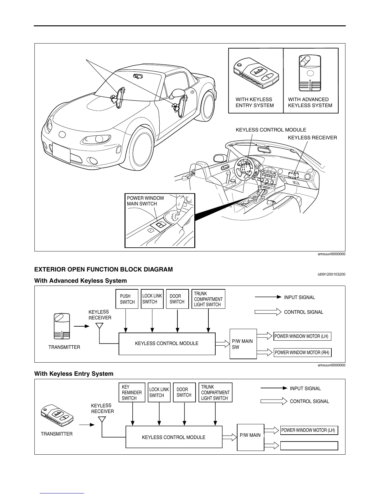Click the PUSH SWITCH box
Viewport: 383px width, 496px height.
pyautogui.click(x=127, y=299)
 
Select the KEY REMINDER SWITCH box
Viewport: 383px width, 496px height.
pyautogui.click(x=132, y=392)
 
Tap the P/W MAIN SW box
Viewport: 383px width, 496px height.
pyautogui.click(x=243, y=344)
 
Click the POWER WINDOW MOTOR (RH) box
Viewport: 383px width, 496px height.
pyautogui.click(x=302, y=352)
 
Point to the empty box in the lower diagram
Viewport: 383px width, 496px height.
pyautogui.click(x=309, y=446)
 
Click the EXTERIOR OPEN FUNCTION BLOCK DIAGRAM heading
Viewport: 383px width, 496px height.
pyautogui.click(x=103, y=269)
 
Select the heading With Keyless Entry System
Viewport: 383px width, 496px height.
pyautogui.click(x=74, y=374)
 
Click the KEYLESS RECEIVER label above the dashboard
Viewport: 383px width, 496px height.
pyautogui.click(x=312, y=137)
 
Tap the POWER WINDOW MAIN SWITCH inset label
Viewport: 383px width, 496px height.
pyautogui.click(x=146, y=201)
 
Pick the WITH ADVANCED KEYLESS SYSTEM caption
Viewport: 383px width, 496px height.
pyautogui.click(x=310, y=102)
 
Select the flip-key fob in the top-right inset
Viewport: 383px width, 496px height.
pyautogui.click(x=256, y=73)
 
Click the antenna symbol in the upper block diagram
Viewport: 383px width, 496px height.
pyautogui.click(x=100, y=326)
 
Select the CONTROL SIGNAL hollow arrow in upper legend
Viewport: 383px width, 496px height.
pyautogui.click(x=268, y=312)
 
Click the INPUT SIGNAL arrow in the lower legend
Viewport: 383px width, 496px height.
pyautogui.click(x=274, y=388)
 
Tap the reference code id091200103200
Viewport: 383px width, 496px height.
pyautogui.click(x=331, y=275)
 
